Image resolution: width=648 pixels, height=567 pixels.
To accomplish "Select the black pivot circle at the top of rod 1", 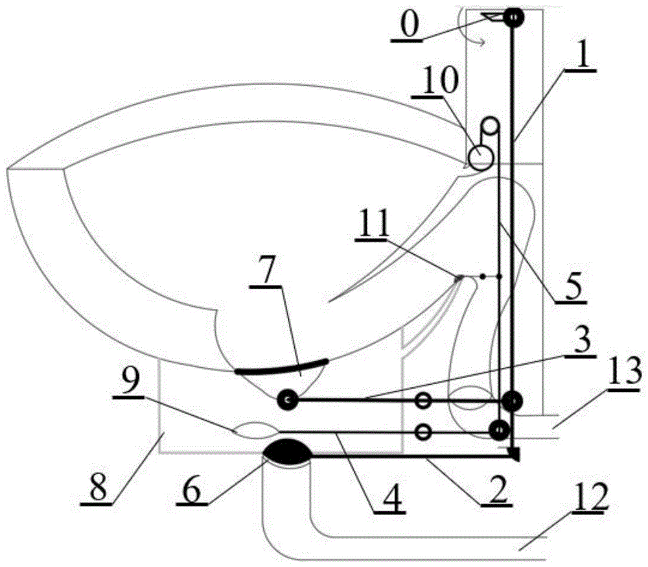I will click(x=514, y=16).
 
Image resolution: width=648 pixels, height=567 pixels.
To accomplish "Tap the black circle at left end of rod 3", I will click(x=286, y=400).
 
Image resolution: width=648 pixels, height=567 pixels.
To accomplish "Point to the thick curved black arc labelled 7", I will click(x=282, y=367).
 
